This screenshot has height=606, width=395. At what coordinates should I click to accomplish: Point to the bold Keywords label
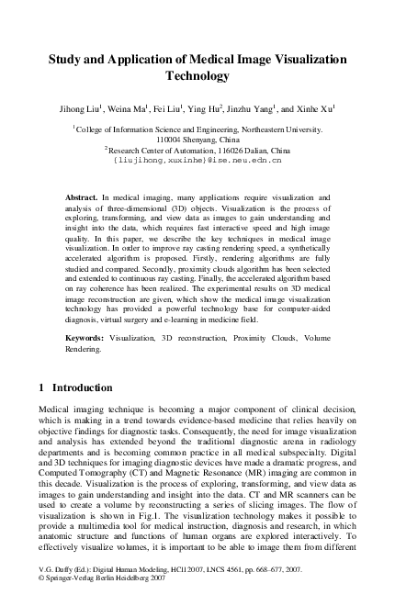pos(85,339)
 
